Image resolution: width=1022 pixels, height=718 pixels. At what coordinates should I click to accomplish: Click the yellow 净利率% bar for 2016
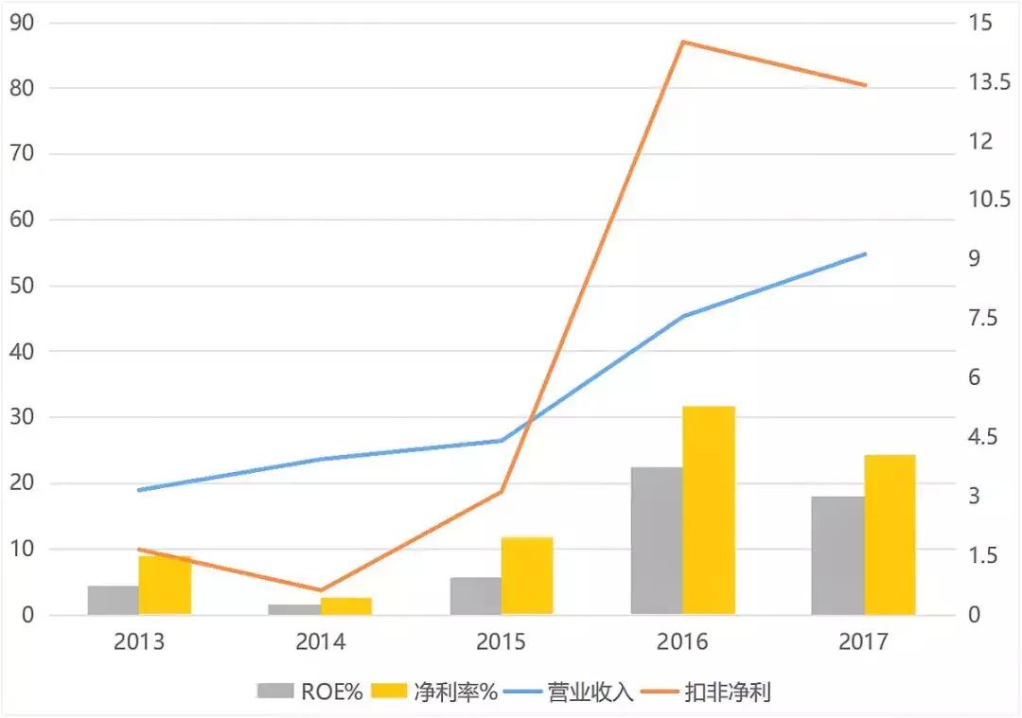pos(709,511)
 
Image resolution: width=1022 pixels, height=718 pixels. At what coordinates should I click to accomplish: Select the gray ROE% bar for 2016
pos(657,541)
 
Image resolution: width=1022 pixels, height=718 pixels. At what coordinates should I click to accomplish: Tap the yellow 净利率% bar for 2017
pos(890,535)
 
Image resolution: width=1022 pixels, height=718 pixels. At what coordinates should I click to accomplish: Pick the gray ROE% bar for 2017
pos(837,556)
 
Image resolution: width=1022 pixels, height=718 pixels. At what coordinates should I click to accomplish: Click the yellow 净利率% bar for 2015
pos(527,576)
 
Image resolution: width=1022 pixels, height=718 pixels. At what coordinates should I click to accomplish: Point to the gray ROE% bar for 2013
pos(114,601)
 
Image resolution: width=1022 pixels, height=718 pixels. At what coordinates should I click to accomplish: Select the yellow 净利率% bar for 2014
pos(345,606)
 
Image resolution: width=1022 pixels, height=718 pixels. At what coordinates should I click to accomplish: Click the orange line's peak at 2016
pos(682,42)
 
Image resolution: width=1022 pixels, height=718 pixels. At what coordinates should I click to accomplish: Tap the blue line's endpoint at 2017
pos(865,254)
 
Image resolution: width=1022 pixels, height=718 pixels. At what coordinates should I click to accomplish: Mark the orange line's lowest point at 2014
pos(320,590)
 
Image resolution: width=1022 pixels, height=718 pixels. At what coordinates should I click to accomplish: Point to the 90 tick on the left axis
pos(21,23)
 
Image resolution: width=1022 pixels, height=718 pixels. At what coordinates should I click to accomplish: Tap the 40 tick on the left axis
pos(21,352)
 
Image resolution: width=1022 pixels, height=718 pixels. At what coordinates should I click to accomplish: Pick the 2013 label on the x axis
pos(139,642)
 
